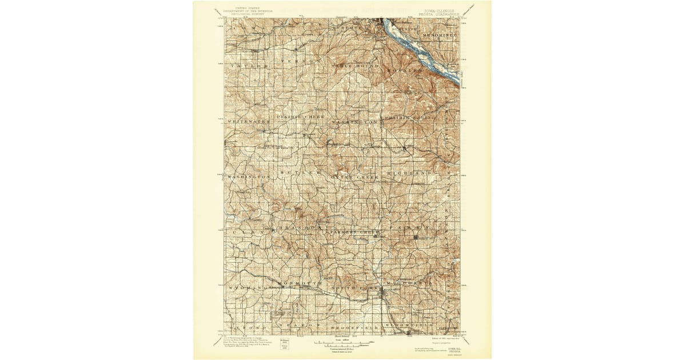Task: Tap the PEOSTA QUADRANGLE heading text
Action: coord(438,14)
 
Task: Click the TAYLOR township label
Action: coord(249,66)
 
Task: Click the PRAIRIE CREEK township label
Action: coord(301,117)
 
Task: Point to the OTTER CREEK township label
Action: coord(354,178)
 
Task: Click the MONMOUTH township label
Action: coord(300,283)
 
